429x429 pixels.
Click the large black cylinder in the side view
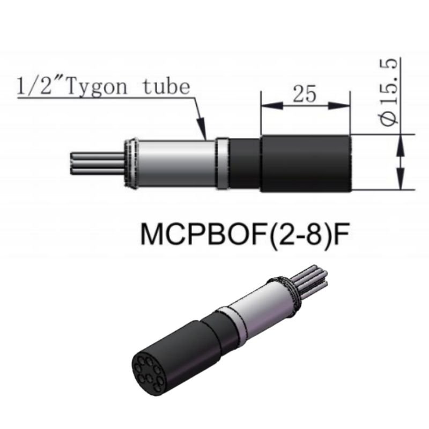point(306,163)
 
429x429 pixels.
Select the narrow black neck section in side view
point(245,163)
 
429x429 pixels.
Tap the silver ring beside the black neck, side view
point(223,163)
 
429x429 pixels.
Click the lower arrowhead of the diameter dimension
point(400,182)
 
